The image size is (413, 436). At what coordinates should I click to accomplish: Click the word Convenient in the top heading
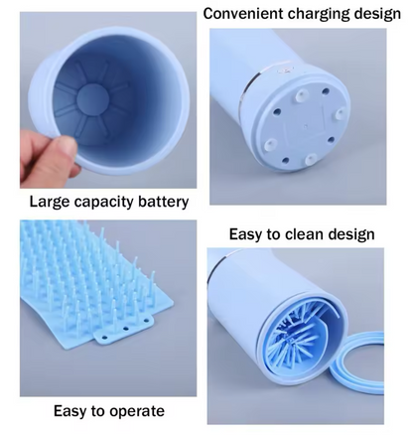pos(243,14)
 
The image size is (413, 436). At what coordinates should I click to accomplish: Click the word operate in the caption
pos(137,411)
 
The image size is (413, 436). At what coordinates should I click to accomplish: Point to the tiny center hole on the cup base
pos(306,126)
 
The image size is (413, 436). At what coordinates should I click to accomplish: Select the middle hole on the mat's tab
pos(125,329)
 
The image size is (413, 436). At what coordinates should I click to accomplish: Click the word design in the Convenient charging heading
pos(377,15)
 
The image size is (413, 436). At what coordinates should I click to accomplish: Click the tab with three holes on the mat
pos(125,329)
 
